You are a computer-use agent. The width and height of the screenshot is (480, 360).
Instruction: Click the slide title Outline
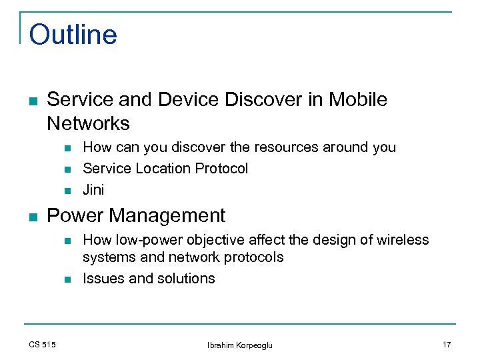coord(73,35)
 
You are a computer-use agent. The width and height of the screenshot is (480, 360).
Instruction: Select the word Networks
coord(88,123)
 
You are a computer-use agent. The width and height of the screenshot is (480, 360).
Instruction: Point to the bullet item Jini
coord(93,189)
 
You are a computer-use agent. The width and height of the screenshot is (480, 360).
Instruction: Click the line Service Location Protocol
coord(165,169)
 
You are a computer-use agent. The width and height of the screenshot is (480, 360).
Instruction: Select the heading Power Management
coord(136,215)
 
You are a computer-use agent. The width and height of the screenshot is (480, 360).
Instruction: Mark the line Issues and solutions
coord(149,279)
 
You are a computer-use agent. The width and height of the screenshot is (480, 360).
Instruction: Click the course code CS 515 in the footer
coord(42,345)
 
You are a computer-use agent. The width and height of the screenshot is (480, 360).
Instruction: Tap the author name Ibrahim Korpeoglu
coord(240,345)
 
